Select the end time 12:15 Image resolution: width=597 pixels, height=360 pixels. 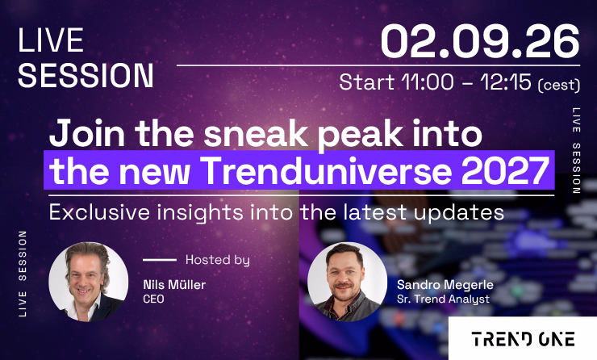[506, 82]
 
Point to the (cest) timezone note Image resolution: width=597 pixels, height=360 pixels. [559, 84]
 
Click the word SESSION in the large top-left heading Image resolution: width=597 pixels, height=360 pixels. [86, 75]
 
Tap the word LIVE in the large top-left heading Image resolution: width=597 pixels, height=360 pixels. [51, 40]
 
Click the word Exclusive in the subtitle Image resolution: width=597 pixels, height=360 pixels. [99, 211]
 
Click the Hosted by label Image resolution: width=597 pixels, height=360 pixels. [217, 260]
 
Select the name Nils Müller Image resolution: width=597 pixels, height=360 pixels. [174, 285]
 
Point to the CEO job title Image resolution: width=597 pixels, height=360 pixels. [153, 299]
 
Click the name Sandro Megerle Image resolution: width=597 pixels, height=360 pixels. [445, 285]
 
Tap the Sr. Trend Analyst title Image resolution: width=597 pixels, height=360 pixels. [443, 299]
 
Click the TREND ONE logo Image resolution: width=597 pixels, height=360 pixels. [523, 339]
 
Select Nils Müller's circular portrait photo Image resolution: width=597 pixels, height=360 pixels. [88, 282]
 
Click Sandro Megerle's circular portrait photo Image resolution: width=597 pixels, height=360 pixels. [347, 282]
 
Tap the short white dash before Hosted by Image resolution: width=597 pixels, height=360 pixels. [160, 260]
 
